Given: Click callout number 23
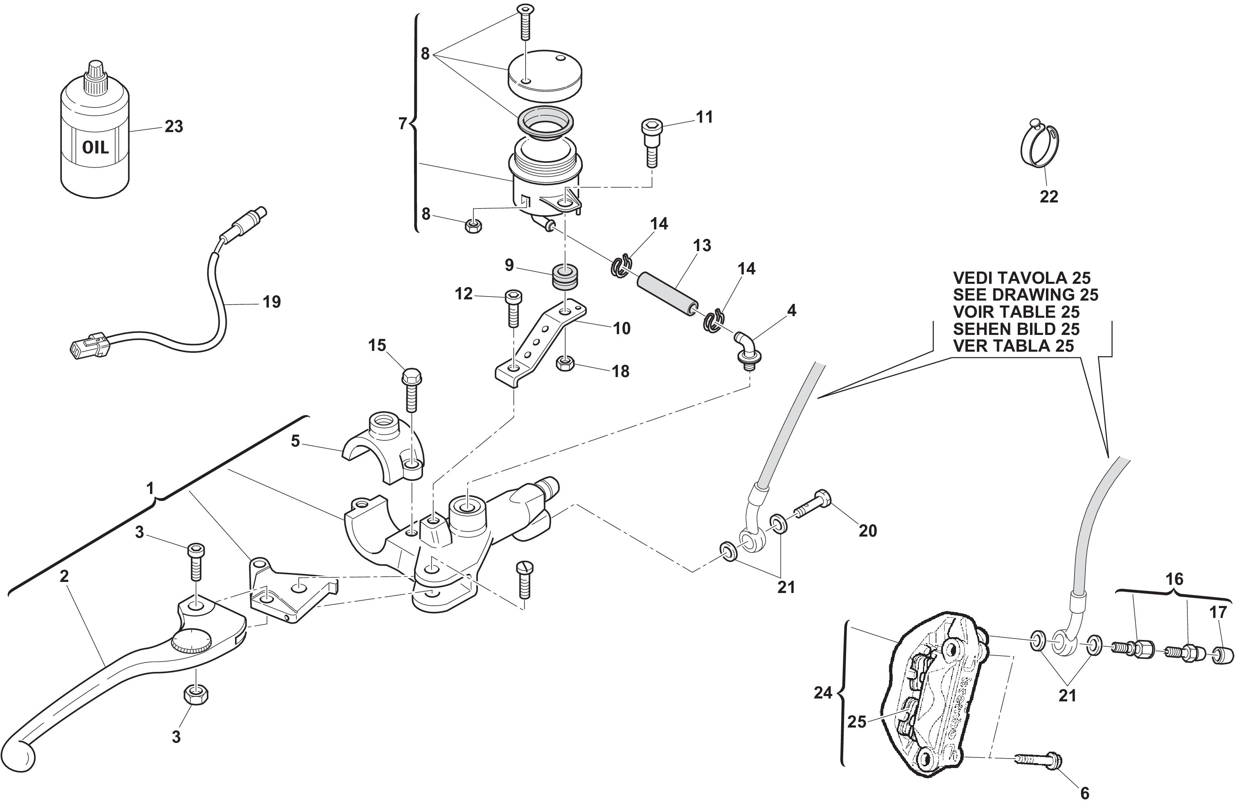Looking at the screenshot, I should click(x=174, y=126).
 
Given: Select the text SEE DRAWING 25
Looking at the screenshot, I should click(x=1026, y=295).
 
